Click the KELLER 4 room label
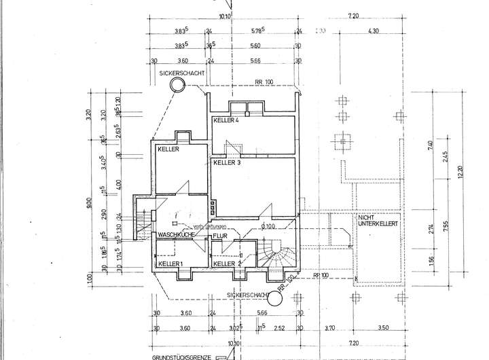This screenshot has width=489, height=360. (x=226, y=120)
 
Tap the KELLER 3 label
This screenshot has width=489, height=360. (x=227, y=164)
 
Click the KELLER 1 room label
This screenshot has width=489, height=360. (x=170, y=264)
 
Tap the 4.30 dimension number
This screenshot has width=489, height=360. (x=373, y=31)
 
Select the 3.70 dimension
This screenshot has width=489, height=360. (x=330, y=329)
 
